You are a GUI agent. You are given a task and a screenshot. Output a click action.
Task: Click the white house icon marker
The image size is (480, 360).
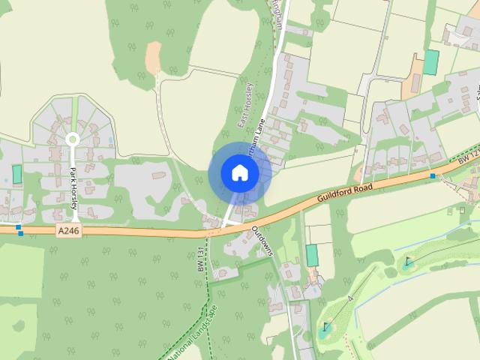pos(239,173)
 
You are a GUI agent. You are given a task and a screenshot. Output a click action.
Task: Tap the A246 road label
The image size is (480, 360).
pos(68,232)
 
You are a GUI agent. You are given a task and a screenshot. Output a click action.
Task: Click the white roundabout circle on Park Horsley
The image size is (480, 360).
pos(73,139)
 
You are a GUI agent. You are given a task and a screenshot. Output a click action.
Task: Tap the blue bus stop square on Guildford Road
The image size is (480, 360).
pos(433,175)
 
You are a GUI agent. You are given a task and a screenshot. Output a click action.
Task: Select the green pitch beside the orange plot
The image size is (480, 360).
pos(430,61)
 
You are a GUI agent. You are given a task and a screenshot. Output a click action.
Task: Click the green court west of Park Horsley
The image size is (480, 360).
pos(17,174)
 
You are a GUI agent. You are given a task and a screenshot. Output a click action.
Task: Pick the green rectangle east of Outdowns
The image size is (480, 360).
pos(312,255)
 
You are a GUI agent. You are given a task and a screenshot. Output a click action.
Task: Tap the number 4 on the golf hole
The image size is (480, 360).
pos(350,298)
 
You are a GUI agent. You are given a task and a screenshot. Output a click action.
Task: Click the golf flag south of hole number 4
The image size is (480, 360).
pos(325,327)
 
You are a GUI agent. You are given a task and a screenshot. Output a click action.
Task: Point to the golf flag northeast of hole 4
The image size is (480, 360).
pos(407,262)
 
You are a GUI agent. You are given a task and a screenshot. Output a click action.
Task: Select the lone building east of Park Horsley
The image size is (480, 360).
pos(158,175)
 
